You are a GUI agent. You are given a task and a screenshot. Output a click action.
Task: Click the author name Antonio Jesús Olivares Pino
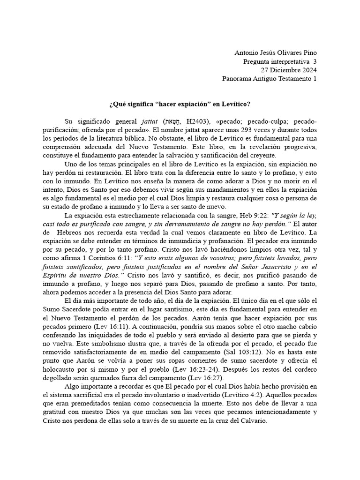click(275, 53)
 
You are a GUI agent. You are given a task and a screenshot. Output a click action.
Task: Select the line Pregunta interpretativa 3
click(280, 61)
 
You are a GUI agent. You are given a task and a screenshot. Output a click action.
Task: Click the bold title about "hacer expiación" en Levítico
click(180, 104)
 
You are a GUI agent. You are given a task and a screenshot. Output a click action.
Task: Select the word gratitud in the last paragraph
click(57, 412)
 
